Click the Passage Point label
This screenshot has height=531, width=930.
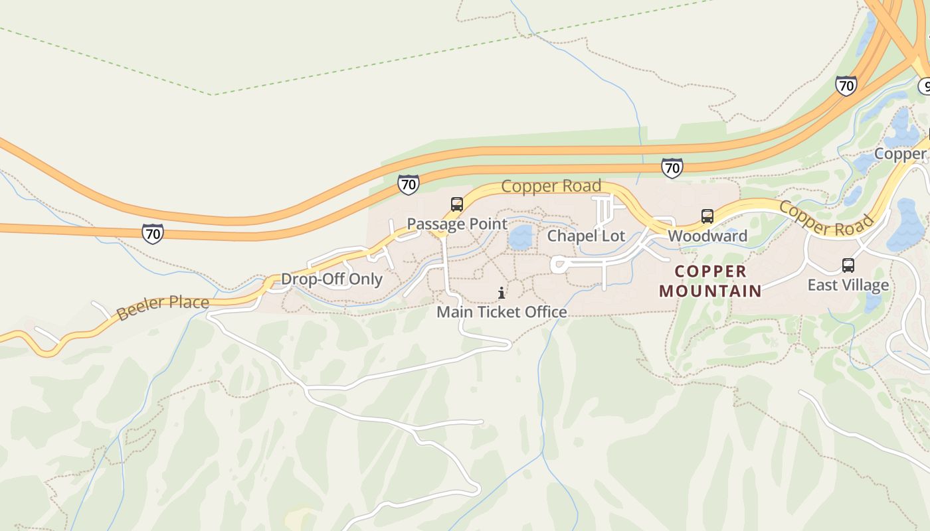457,224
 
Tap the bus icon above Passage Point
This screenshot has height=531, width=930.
457,204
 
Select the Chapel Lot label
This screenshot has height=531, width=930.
586,236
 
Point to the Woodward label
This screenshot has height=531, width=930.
707,236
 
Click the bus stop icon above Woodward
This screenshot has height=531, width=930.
707,216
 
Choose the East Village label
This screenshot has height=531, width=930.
848,285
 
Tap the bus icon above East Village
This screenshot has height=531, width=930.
848,265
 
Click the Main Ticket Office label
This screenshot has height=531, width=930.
502,312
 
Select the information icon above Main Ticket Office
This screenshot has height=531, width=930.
502,293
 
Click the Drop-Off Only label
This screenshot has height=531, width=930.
331,279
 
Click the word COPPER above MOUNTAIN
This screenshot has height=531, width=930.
711,271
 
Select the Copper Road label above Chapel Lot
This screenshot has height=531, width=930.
551,186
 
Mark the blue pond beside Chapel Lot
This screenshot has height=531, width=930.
521,237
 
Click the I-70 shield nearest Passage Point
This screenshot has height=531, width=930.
409,184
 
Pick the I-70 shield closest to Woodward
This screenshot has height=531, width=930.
672,168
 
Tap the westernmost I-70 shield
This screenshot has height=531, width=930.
153,233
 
